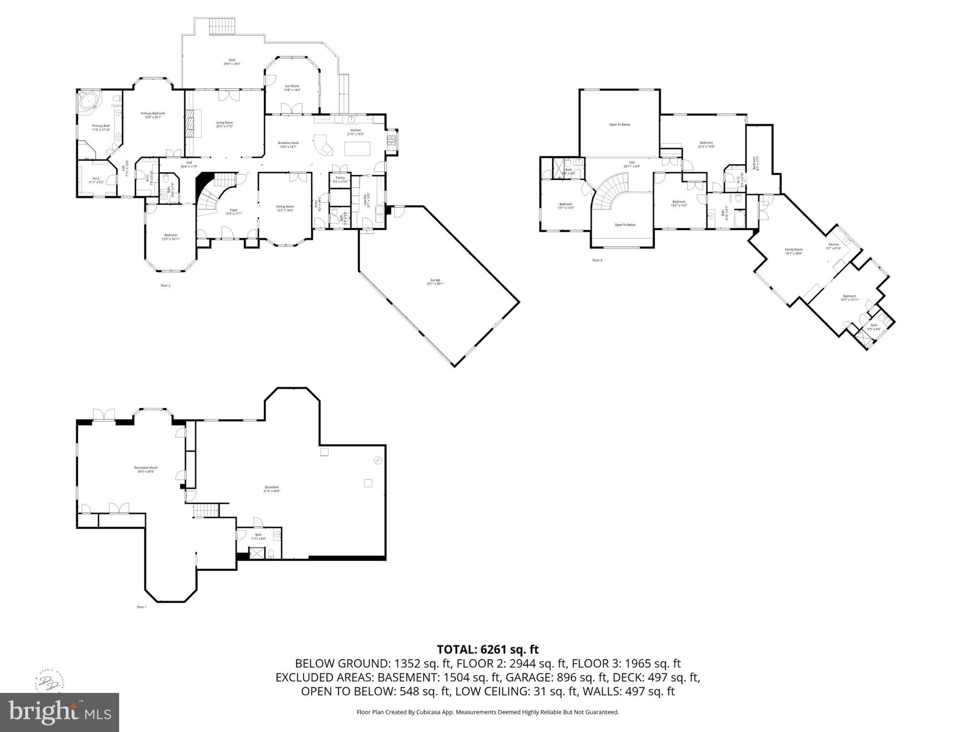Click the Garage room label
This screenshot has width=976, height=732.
click(x=435, y=281)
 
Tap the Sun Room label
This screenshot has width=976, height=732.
click(x=292, y=88)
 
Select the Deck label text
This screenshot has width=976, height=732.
click(x=232, y=61)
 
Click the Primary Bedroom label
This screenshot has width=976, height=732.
click(x=152, y=115)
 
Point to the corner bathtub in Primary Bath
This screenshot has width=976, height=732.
click(x=88, y=101)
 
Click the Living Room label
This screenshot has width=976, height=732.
click(x=224, y=124)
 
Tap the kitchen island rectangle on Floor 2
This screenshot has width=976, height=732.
click(x=357, y=148)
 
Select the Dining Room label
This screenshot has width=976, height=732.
click(x=285, y=208)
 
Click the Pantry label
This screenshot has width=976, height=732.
click(x=340, y=179)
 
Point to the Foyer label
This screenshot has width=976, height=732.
click(x=234, y=212)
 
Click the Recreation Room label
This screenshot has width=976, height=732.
click(x=146, y=469)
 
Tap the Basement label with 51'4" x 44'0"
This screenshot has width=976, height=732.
click(x=272, y=488)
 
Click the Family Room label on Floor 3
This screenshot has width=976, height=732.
click(x=793, y=251)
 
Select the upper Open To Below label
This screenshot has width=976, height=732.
click(x=620, y=124)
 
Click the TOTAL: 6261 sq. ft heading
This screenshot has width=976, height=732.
click(x=488, y=649)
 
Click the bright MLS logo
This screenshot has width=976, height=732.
click(x=60, y=712)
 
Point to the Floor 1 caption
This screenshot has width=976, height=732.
click(x=142, y=607)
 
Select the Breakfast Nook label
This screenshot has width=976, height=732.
click(x=288, y=144)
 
